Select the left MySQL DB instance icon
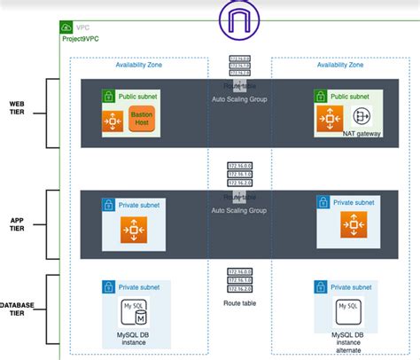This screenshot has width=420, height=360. [135, 313]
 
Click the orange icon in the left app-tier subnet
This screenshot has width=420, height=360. [135, 229]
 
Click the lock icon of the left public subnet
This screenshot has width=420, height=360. [107, 96]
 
